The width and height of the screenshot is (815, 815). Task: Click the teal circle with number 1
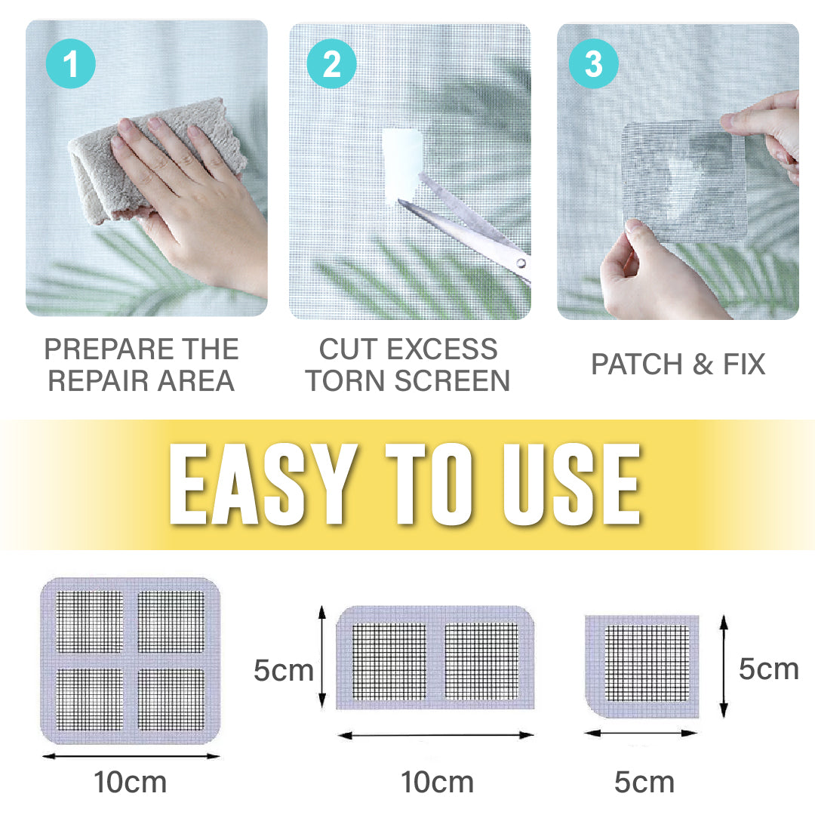[71, 64]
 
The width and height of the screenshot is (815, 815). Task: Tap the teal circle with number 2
[331, 64]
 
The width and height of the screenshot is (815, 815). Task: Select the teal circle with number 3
[594, 64]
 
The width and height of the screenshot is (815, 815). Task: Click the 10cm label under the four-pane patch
[130, 783]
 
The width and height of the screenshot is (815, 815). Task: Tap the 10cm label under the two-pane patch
[437, 783]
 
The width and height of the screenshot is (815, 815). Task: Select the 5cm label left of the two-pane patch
[283, 670]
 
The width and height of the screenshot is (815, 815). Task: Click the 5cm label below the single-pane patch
[644, 783]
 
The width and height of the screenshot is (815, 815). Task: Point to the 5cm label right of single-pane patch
[768, 669]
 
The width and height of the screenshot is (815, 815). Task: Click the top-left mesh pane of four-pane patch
[90, 622]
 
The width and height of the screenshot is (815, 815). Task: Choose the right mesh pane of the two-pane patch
[481, 661]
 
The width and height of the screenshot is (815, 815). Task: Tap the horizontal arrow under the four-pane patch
[131, 755]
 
